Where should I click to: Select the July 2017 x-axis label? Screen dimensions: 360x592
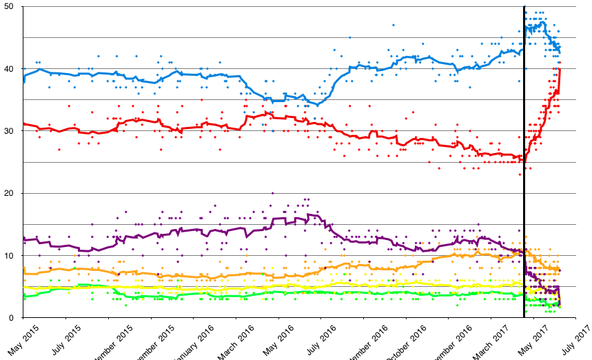[573, 339]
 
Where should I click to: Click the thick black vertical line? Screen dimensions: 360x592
[524, 172]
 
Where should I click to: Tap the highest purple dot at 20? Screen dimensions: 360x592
[273, 193]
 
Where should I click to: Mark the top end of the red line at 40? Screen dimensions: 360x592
[560, 70]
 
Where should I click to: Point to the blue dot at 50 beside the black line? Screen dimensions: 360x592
[525, 7]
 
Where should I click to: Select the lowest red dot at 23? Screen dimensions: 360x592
[520, 174]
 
